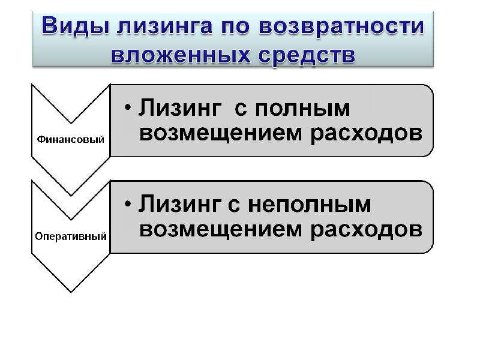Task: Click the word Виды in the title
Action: point(76,26)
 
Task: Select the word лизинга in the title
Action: point(164,26)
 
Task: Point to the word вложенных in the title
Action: point(181,55)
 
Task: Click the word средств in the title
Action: point(307,56)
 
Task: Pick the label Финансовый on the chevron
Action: point(71,140)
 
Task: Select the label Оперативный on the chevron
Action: point(71,236)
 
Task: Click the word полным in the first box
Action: point(302,108)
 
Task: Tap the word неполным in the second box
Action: point(309,205)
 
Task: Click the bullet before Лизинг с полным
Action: point(128,107)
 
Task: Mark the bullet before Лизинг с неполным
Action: point(128,203)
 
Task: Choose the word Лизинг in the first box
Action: point(180,108)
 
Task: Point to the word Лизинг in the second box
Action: point(180,204)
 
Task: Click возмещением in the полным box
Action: point(220,133)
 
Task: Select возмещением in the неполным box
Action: point(220,230)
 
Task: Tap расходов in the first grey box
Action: point(367,134)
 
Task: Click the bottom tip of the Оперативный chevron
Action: point(71,292)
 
